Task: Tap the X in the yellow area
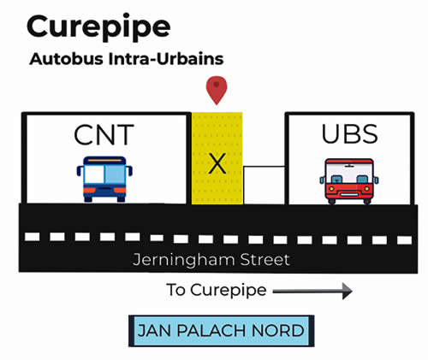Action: click(217, 162)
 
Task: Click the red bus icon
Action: click(349, 180)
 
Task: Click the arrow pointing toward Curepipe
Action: click(312, 292)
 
